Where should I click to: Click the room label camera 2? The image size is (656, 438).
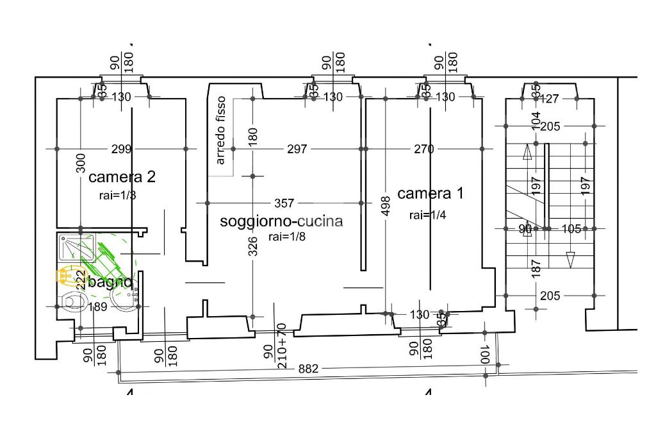click(122, 177)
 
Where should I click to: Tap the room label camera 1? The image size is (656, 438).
click(430, 193)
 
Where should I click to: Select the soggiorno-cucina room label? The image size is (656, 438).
click(281, 221)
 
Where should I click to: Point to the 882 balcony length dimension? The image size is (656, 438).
click(309, 369)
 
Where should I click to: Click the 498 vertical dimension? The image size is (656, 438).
click(386, 206)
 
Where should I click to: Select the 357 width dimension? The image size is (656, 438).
click(284, 203)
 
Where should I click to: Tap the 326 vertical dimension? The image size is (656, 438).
click(252, 246)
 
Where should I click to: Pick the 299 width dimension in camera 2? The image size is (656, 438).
click(121, 149)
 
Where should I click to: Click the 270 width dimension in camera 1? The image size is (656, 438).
click(424, 149)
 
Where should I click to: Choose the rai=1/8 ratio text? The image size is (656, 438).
click(286, 237)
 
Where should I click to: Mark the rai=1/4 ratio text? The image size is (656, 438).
click(427, 215)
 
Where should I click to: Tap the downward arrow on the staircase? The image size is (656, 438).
click(570, 260)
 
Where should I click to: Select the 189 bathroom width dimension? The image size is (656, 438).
click(97, 307)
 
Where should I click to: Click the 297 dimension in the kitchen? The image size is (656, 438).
click(297, 149)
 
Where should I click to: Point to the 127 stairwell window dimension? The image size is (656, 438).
click(550, 99)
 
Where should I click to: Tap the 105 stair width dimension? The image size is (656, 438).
click(571, 228)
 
